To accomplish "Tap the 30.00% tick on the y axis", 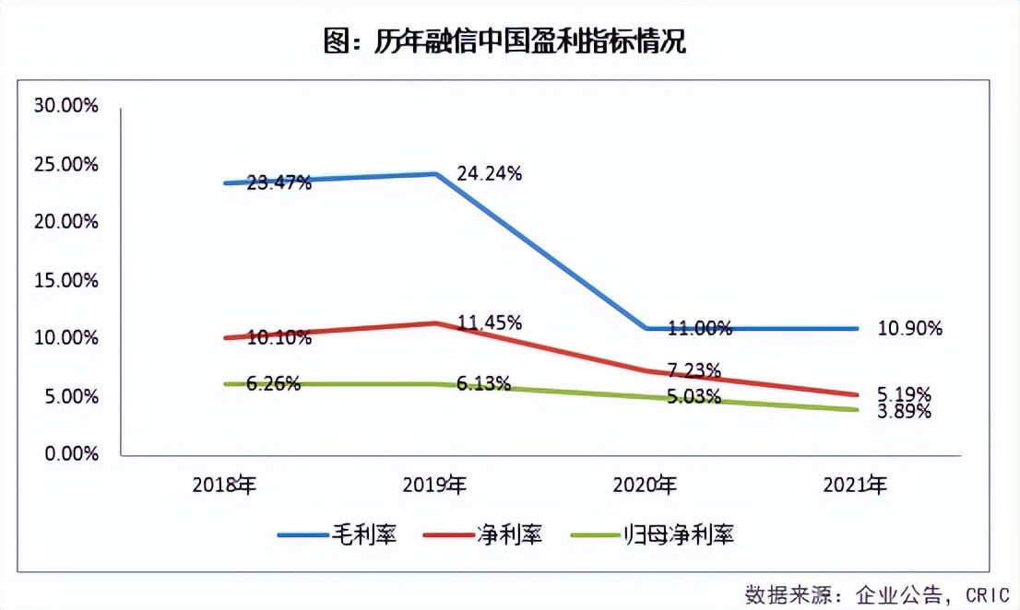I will [65, 106].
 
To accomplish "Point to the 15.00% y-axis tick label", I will [65, 280].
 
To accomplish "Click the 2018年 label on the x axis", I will [224, 485].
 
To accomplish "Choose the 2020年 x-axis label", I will [646, 485].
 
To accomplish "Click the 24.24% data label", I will [490, 173].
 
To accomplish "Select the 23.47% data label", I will [279, 182].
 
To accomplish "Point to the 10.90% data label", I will [910, 328].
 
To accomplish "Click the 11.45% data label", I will [490, 323].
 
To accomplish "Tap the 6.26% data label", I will [274, 384].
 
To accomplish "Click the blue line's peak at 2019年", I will [435, 173].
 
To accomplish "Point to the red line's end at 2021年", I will [857, 394].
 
